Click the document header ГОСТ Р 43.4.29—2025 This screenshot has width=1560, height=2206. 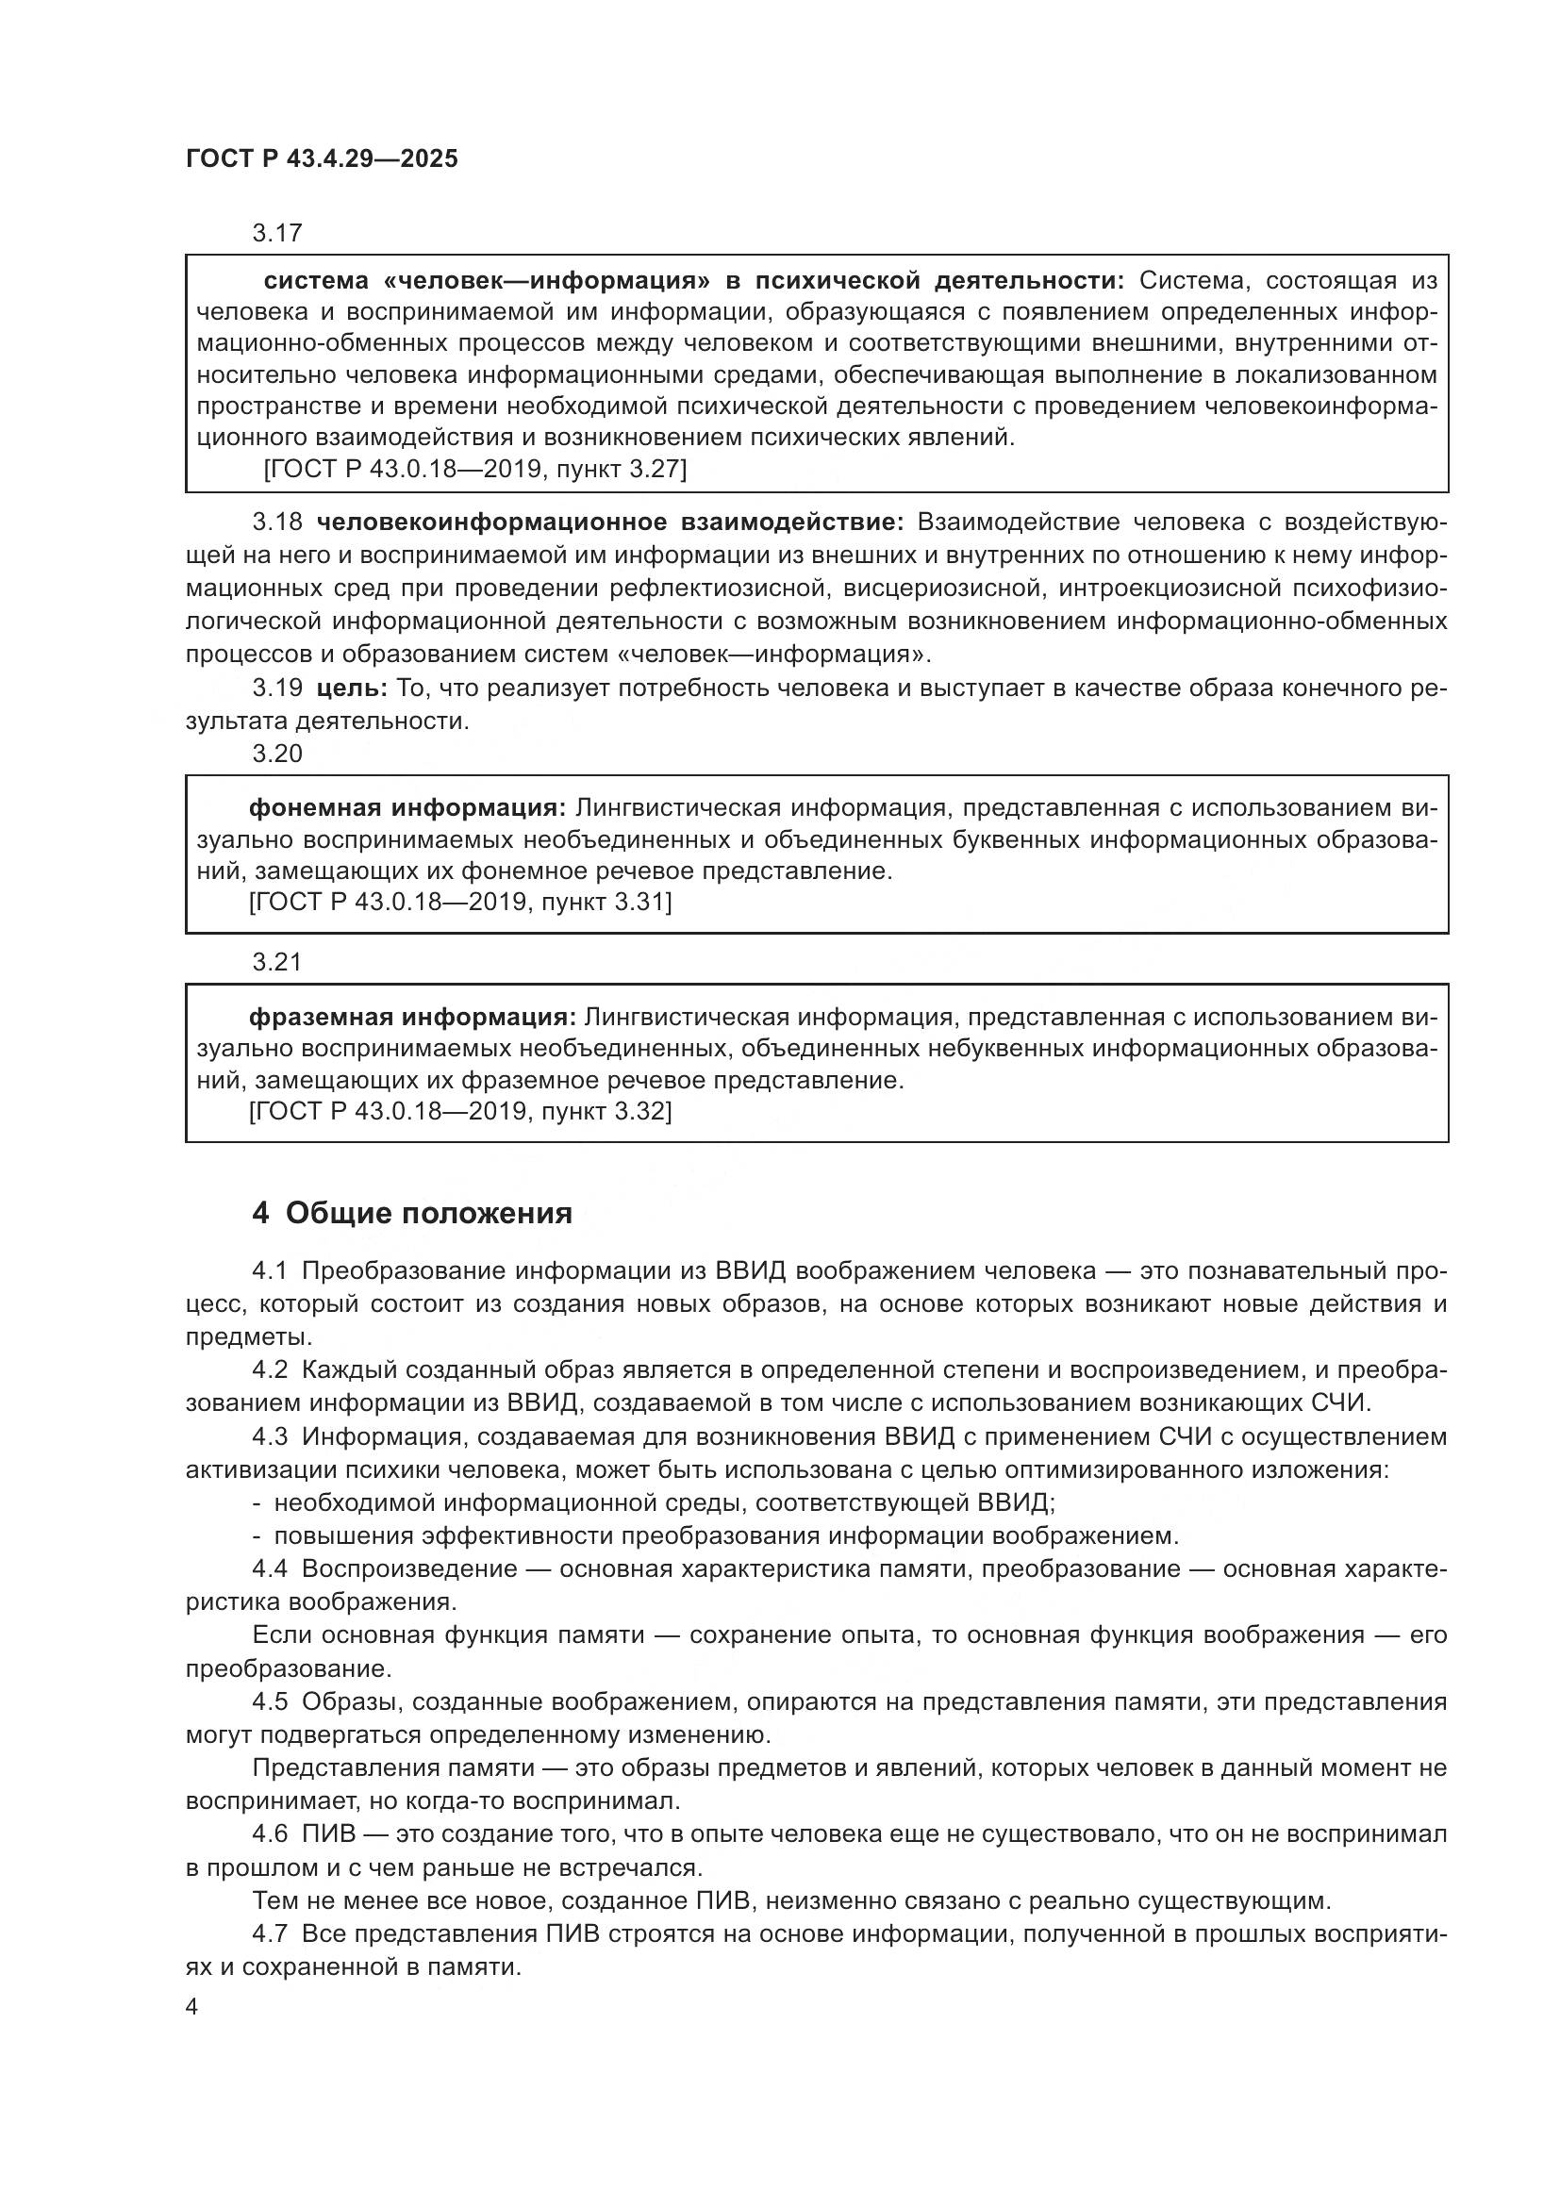pos(322,158)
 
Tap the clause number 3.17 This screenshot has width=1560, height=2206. pos(276,233)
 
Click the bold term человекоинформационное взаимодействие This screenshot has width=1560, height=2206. pos(609,522)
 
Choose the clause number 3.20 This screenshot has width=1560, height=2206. pos(276,754)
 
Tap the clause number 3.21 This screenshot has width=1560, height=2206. pos(276,962)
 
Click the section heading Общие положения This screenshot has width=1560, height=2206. pos(428,1214)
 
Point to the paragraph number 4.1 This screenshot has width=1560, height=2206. pos(270,1270)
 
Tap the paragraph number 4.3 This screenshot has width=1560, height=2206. pos(270,1436)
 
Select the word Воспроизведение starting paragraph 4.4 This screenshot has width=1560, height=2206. pos(409,1569)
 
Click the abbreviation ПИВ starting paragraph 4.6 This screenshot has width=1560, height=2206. pos(328,1834)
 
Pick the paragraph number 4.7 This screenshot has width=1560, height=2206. pos(270,1934)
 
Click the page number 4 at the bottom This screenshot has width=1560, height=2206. pos(192,2007)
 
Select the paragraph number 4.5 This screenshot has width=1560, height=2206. pos(270,1701)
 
